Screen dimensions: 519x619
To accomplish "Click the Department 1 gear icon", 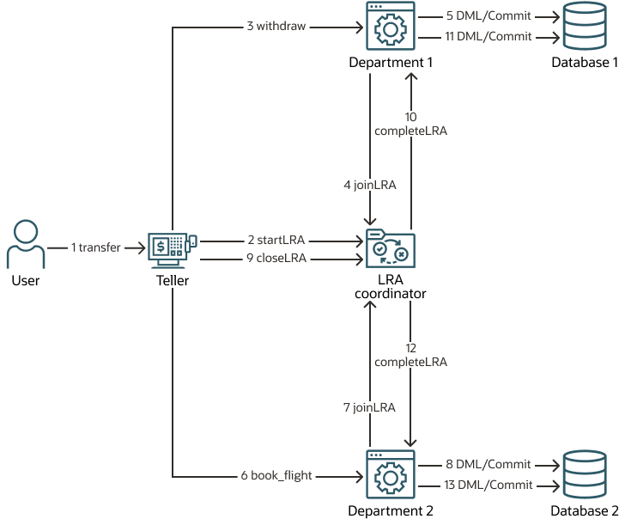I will [391, 27].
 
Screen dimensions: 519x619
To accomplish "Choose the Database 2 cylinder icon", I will [585, 474].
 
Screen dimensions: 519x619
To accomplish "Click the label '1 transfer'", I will [96, 247].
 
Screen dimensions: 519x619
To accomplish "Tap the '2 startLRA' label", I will [275, 240].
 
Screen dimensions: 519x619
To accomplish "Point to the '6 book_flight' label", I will [276, 474].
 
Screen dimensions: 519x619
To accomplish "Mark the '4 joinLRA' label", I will [370, 184].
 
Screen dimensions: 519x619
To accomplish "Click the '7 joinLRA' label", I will [370, 407].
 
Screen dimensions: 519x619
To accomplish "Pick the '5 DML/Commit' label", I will [489, 15].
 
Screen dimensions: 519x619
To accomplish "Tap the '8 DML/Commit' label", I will [489, 463].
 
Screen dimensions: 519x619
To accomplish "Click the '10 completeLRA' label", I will [411, 124].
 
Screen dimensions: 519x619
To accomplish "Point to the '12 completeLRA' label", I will [411, 355].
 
